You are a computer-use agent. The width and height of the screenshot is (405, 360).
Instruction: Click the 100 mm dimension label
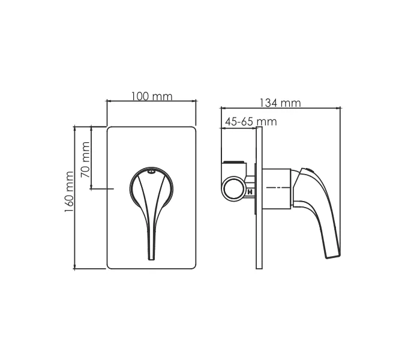tap(151, 96)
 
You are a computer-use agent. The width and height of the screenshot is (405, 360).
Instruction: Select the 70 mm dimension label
tap(85, 158)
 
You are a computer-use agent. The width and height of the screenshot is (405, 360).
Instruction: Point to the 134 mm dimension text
tap(281, 103)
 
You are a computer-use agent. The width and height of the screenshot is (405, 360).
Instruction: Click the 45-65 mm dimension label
tap(250, 121)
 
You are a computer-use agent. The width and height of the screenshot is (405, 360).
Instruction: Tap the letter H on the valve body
tap(250, 193)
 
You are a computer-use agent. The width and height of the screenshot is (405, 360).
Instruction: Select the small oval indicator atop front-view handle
tap(151, 172)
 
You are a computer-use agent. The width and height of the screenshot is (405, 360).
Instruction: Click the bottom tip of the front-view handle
tap(151, 257)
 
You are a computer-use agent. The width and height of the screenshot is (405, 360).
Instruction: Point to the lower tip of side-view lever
tap(332, 255)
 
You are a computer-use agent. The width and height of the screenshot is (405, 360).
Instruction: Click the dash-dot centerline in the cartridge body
tap(277, 188)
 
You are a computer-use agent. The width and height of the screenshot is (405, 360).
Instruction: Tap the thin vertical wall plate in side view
tap(259, 198)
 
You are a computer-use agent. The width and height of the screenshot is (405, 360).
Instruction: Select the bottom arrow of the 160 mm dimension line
tap(75, 267)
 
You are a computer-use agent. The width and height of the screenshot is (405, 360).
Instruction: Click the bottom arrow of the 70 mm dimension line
tap(91, 187)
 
